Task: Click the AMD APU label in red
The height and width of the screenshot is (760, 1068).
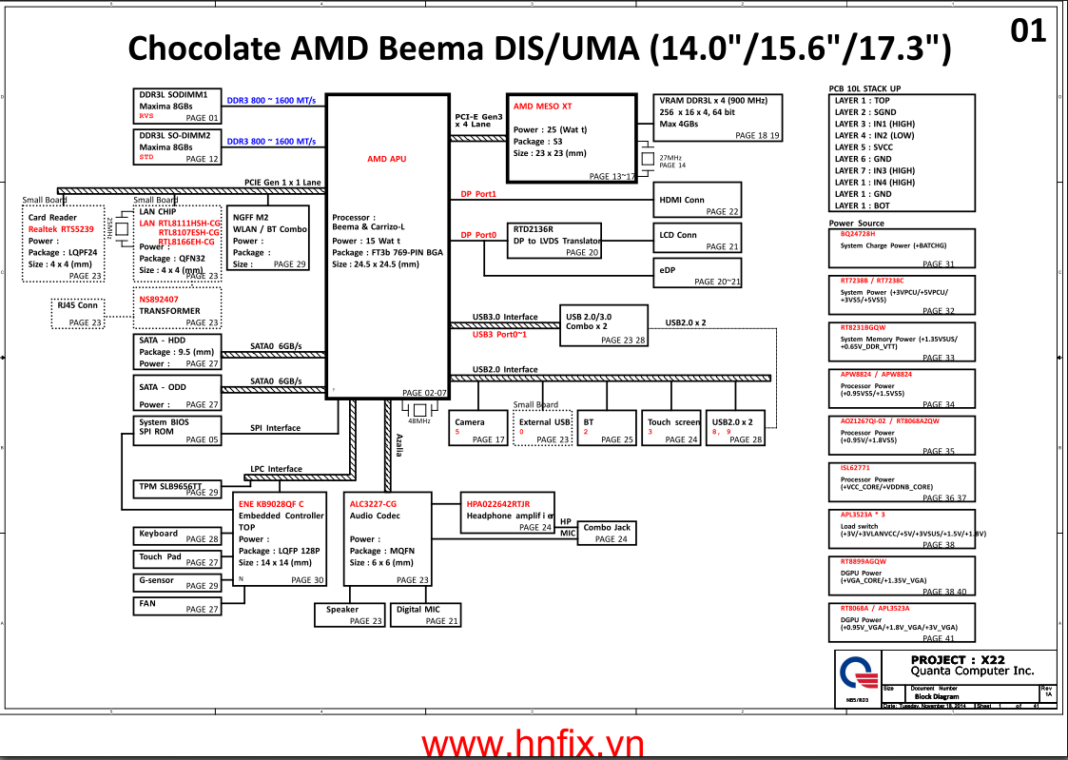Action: (386, 159)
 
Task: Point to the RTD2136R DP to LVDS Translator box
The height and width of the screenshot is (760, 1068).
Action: (555, 241)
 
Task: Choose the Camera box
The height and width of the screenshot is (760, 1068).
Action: (478, 428)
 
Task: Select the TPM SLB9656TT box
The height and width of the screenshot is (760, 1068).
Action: (177, 489)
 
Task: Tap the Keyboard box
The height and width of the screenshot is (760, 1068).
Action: (177, 536)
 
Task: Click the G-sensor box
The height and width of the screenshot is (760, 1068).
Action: (177, 581)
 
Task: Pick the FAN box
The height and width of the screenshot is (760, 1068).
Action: (177, 605)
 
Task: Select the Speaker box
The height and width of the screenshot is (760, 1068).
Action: (349, 614)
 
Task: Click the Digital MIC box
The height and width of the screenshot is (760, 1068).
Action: (426, 614)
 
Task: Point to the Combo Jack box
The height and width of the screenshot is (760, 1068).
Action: (606, 533)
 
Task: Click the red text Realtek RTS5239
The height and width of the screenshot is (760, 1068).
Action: (61, 229)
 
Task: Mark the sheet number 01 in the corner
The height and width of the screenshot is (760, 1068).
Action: (1028, 31)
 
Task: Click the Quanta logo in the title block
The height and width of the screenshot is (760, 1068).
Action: (858, 675)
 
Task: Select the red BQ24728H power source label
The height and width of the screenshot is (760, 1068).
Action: (858, 234)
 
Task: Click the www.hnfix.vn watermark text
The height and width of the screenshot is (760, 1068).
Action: (533, 743)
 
